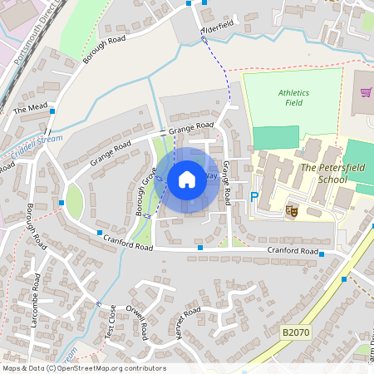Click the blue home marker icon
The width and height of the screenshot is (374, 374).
[187, 179]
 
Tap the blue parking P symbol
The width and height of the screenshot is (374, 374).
[254, 196]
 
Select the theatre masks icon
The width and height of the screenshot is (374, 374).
[292, 211]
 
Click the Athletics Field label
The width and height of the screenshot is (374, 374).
[293, 98]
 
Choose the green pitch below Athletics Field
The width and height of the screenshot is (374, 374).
[275, 137]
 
